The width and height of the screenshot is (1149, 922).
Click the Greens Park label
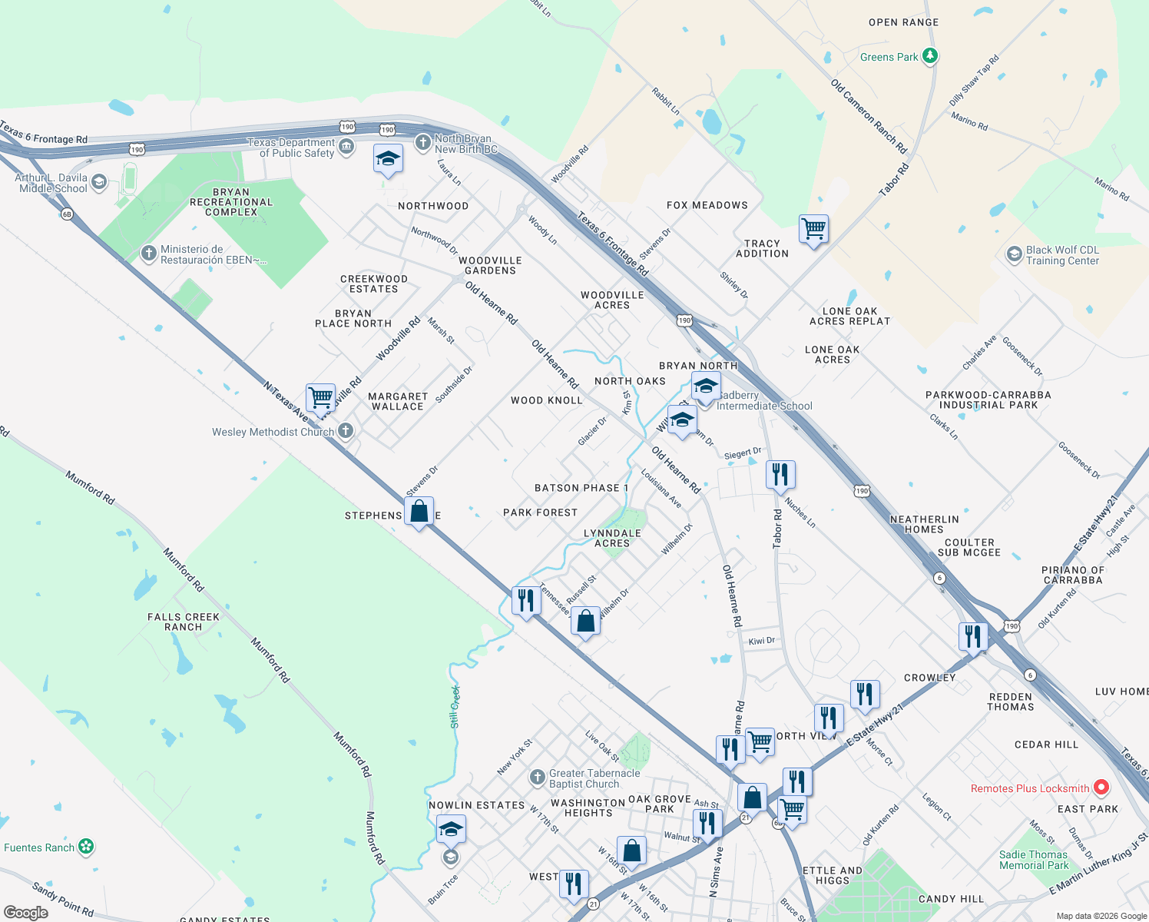pos(889,57)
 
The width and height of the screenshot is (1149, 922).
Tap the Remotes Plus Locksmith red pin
pos(1101,788)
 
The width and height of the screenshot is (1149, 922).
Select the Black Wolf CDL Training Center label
pos(1062,255)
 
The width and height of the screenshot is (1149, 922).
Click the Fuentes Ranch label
pos(39,847)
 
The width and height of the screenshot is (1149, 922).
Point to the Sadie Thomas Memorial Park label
pos(1033,860)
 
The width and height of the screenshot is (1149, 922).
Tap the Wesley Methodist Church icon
pos(346,431)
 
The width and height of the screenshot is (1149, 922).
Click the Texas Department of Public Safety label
pos(291,148)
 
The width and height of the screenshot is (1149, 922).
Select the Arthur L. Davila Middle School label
pos(51,183)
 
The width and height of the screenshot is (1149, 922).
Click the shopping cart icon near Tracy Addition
pos(813,229)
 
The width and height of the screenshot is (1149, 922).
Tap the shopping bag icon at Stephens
pos(419,512)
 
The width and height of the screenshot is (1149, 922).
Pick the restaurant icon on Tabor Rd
pos(780,475)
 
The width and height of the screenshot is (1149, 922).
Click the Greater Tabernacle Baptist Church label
pos(594,778)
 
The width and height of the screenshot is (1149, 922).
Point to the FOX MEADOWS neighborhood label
pos(707,205)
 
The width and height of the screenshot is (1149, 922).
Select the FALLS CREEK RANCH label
pos(184,622)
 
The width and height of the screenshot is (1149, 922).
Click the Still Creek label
pos(455,707)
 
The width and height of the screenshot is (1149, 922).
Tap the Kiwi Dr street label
pos(762,641)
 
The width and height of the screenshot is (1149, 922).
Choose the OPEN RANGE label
pos(903,22)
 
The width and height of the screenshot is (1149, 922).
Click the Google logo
pos(26,913)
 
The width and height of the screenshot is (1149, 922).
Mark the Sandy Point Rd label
pos(63,899)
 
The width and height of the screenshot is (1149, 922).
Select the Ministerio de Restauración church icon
pos(149,253)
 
